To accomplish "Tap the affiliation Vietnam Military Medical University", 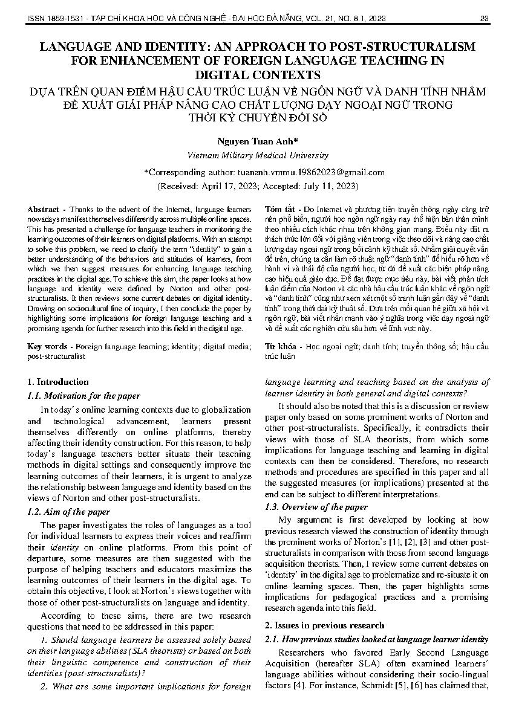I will point(258,155).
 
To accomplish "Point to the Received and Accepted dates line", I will point(258,185).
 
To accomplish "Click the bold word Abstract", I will point(43,209).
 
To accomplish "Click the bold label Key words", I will point(47,347).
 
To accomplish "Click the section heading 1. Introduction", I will point(58,382).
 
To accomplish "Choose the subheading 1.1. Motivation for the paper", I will point(83,396).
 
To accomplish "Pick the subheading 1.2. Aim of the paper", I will point(69,512).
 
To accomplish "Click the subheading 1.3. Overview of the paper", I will point(316,507).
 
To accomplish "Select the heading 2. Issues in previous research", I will point(324,625).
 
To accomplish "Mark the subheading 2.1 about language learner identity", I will point(377,639).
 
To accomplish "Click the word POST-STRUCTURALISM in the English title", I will point(407,47).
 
